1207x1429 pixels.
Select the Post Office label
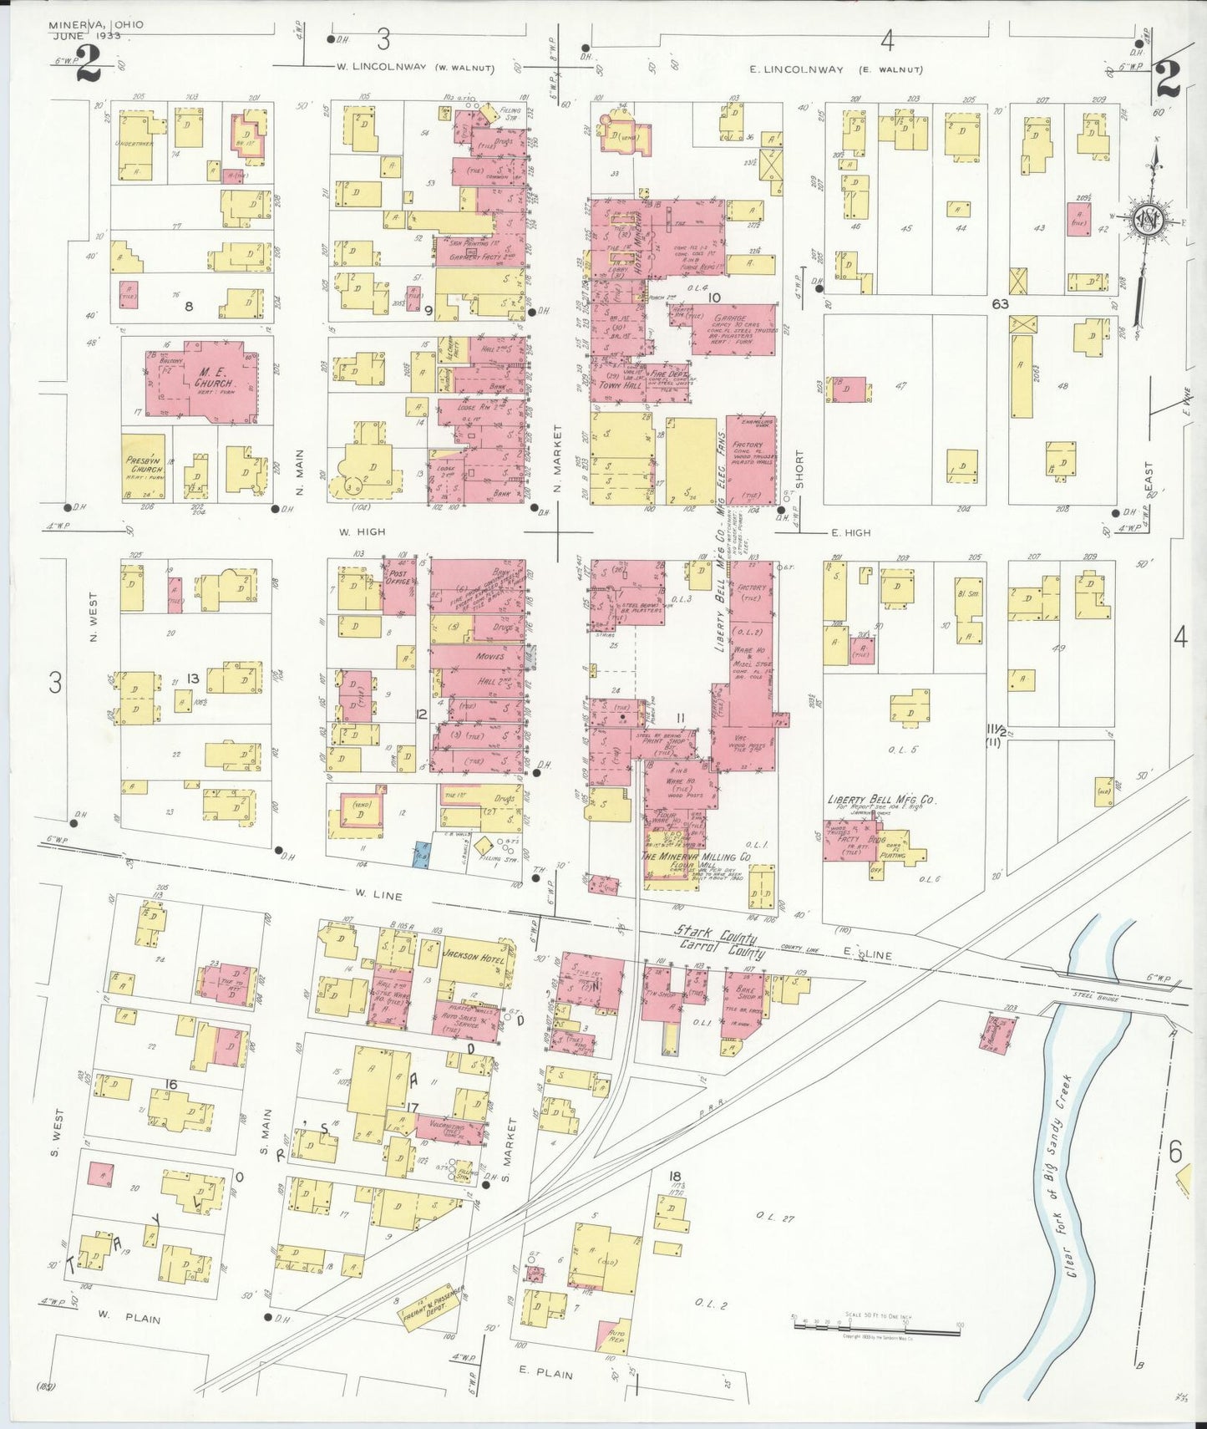click(398, 577)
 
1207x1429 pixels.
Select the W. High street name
click(358, 531)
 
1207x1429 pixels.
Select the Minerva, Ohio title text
click(96, 24)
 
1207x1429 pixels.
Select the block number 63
click(1000, 303)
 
